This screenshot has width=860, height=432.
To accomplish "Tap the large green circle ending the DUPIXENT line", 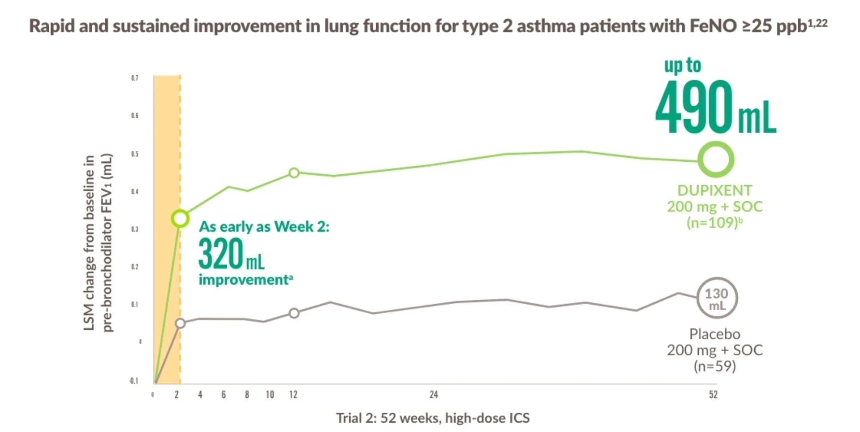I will pyautogui.click(x=716, y=160).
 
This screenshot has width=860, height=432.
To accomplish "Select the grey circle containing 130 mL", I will pyautogui.click(x=717, y=298).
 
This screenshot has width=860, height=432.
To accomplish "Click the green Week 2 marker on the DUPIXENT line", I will pyautogui.click(x=180, y=219).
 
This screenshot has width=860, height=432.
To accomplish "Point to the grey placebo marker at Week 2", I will pyautogui.click(x=180, y=324).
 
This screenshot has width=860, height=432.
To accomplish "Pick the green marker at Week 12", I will pyautogui.click(x=294, y=173).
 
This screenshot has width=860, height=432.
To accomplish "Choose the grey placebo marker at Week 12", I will pyautogui.click(x=294, y=313).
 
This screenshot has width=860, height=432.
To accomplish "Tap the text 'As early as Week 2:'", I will pyautogui.click(x=264, y=227).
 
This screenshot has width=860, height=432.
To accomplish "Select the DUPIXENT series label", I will pyautogui.click(x=714, y=190).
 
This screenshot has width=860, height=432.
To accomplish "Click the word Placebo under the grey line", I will pyautogui.click(x=714, y=334).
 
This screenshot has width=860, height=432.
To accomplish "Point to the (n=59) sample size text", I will pyautogui.click(x=714, y=366).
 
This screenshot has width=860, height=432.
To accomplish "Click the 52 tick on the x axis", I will pyautogui.click(x=713, y=395).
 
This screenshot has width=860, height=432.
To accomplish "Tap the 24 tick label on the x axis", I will pyautogui.click(x=434, y=395).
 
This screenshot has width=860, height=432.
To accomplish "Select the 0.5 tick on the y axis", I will pyautogui.click(x=135, y=154).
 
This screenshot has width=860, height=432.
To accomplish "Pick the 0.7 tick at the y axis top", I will pyautogui.click(x=135, y=78).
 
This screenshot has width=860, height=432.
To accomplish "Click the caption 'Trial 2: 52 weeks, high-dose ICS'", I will pyautogui.click(x=433, y=418).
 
